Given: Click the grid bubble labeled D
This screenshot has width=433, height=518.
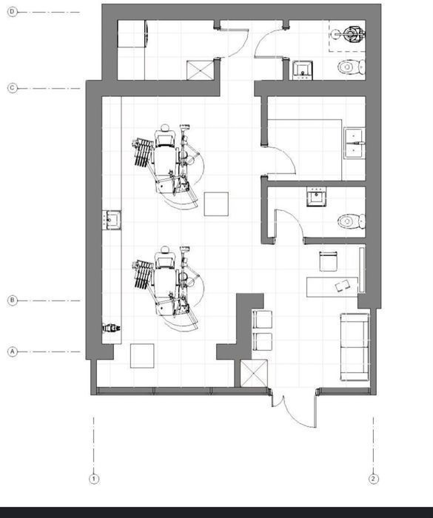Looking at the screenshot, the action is (x=13, y=13).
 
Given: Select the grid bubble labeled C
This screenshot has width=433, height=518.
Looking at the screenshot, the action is (x=13, y=88).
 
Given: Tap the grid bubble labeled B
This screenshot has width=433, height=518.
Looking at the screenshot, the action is (x=13, y=300).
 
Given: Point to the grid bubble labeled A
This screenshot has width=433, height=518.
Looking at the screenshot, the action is (x=13, y=351).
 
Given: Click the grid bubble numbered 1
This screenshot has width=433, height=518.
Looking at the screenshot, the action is (x=94, y=479).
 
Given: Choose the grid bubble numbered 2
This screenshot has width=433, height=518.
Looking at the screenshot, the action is (x=374, y=479).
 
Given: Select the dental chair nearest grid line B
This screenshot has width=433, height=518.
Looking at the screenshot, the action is (x=168, y=288).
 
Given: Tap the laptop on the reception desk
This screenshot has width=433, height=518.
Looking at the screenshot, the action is (x=343, y=285).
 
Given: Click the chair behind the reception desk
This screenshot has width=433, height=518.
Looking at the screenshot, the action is (x=328, y=261).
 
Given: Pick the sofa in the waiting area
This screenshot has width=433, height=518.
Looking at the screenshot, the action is (x=355, y=347).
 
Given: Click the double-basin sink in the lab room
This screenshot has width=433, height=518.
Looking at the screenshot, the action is (x=354, y=143).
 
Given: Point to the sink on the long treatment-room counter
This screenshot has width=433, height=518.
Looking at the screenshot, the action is (x=112, y=220).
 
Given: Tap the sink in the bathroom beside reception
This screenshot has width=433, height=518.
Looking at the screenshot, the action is (x=316, y=197).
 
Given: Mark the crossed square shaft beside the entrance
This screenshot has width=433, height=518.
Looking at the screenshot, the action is (x=254, y=373).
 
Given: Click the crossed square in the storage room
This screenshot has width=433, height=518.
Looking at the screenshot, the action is (x=201, y=70).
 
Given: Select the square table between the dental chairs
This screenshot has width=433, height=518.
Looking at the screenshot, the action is (x=216, y=204).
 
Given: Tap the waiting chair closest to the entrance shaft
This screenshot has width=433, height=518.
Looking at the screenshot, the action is (x=263, y=342).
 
